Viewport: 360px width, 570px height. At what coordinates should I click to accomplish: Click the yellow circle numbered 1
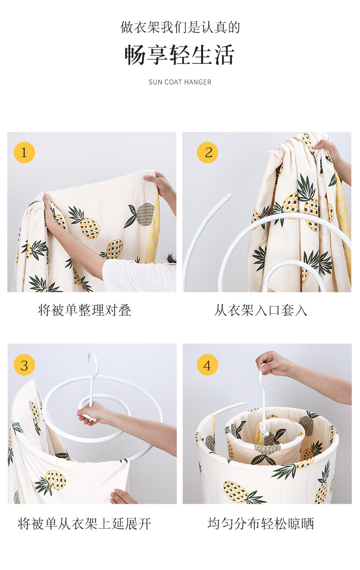tap(24, 152)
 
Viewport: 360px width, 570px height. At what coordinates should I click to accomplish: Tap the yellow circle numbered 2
tap(208, 152)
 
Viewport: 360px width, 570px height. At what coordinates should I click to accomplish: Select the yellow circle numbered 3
tap(24, 365)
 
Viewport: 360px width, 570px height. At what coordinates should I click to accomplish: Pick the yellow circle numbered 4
tap(207, 365)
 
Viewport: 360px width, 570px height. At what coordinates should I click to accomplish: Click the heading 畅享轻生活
tap(180, 55)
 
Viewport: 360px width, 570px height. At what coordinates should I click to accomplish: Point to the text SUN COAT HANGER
tap(180, 82)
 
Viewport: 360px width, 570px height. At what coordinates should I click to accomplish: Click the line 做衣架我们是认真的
tap(180, 27)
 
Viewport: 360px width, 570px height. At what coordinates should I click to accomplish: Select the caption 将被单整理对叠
tap(85, 310)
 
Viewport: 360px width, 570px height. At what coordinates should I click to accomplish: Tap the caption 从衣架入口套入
tap(261, 310)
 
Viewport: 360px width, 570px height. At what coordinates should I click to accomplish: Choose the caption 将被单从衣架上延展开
tap(84, 524)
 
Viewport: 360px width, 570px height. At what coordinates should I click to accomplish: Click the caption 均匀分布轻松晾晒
tap(261, 524)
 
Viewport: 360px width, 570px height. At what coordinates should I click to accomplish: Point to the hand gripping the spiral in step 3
tap(91, 414)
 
